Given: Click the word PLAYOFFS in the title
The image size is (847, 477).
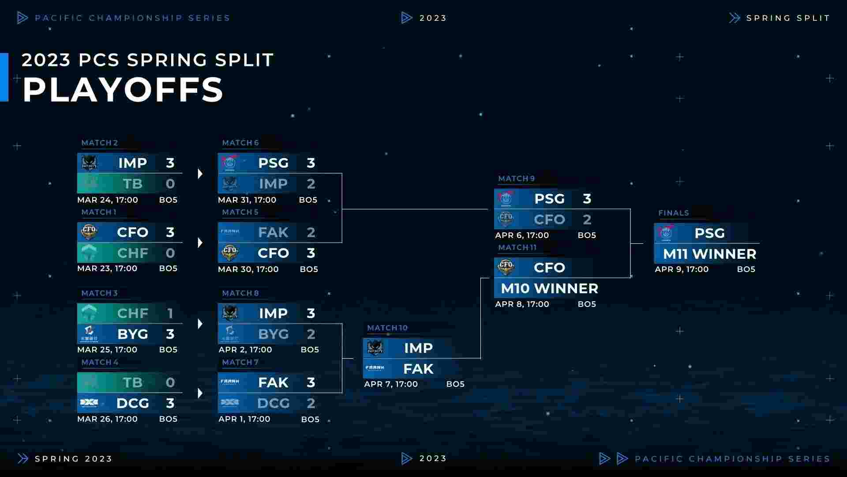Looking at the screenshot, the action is coord(123,90).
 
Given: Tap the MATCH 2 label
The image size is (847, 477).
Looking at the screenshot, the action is coord(100,143).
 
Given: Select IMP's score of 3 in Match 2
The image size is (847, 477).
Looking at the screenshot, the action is coord(170,163).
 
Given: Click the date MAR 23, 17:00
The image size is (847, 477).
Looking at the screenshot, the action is coord(107,268).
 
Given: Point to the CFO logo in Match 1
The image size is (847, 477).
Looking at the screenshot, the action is coord(89,232).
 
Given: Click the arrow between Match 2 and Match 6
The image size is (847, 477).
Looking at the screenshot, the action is coord(200,174).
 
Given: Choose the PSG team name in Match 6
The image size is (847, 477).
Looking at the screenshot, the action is coord(274,163).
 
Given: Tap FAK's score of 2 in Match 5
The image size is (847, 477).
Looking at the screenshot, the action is coord(311,232).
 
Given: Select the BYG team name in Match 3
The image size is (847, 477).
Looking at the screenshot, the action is coord(133,334).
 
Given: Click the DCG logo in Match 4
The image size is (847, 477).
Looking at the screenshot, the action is coord(89,403).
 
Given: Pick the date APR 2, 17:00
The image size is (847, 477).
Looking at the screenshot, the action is coord(245,349).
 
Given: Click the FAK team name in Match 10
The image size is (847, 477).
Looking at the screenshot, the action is coord(419,369).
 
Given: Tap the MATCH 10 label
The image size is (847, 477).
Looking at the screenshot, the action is coord(387,328).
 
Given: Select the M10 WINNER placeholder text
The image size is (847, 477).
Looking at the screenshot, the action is coord(550,288).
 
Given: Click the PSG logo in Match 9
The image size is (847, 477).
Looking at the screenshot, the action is coord(506,199).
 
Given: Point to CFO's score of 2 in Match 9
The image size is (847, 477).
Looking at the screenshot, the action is coord(587,220).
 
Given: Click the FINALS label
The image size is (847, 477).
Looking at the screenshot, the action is coord(674,213).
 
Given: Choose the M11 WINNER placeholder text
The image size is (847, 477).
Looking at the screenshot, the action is coord(710,254).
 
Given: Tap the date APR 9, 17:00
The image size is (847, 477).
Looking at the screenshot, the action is coord(682,269).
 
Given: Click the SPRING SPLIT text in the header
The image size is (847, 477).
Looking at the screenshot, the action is coord(788,18).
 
